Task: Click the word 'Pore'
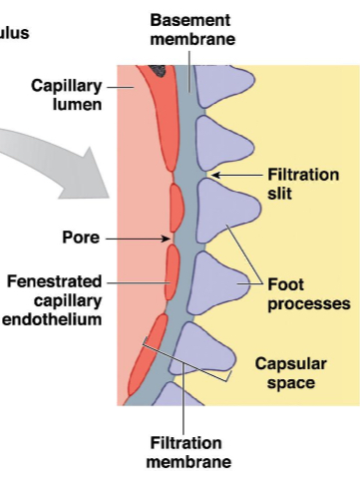point(78,239)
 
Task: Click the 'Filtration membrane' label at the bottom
point(188,452)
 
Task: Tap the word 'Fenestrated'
point(54,281)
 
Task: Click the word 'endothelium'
point(53,319)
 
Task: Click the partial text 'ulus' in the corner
point(14,33)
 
